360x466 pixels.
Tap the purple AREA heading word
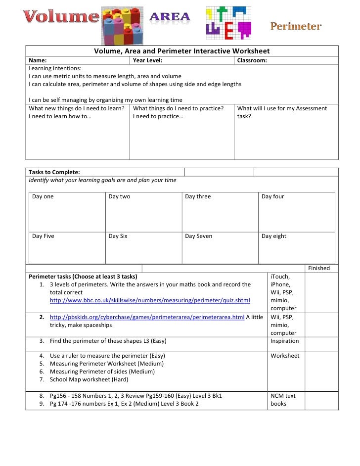point(170,17)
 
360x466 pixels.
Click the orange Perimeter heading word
point(296,26)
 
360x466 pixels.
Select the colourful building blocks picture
point(122,26)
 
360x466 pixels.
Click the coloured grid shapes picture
point(228,23)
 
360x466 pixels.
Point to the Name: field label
point(38,60)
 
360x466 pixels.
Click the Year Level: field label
point(148,60)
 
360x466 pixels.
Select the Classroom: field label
point(252,60)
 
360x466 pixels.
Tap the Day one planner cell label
point(43,196)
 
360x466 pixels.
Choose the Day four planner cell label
point(273,196)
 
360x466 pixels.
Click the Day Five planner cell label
point(43,236)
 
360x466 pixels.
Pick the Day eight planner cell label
point(274,236)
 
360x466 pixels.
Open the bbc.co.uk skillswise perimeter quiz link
point(150,300)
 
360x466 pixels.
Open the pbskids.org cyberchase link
point(147,317)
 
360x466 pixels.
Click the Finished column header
point(319,268)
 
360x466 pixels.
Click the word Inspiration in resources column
point(285,341)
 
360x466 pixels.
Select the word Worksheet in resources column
point(285,356)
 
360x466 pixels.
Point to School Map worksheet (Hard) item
point(89,379)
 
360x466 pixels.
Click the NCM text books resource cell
point(283,400)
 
